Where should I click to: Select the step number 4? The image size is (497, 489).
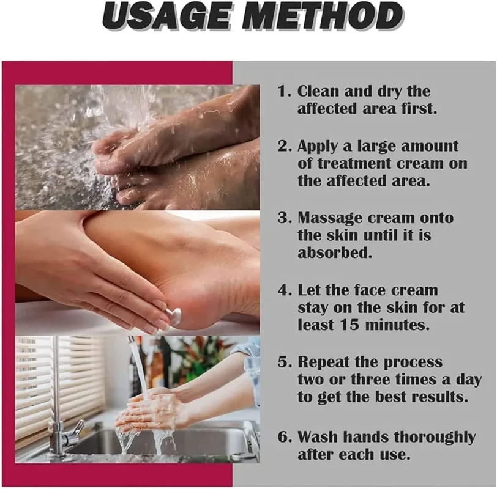283,290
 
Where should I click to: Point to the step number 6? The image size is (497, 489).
283,437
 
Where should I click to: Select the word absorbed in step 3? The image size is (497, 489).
334,252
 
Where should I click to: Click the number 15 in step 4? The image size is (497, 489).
349,325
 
